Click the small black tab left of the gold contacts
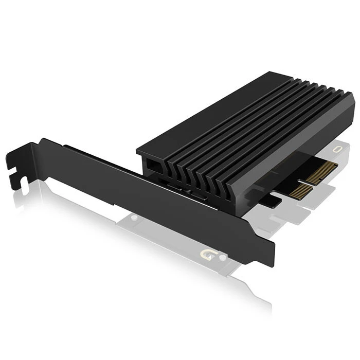point(274,201)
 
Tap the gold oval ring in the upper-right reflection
point(338,149)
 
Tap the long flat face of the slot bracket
point(154,195)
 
